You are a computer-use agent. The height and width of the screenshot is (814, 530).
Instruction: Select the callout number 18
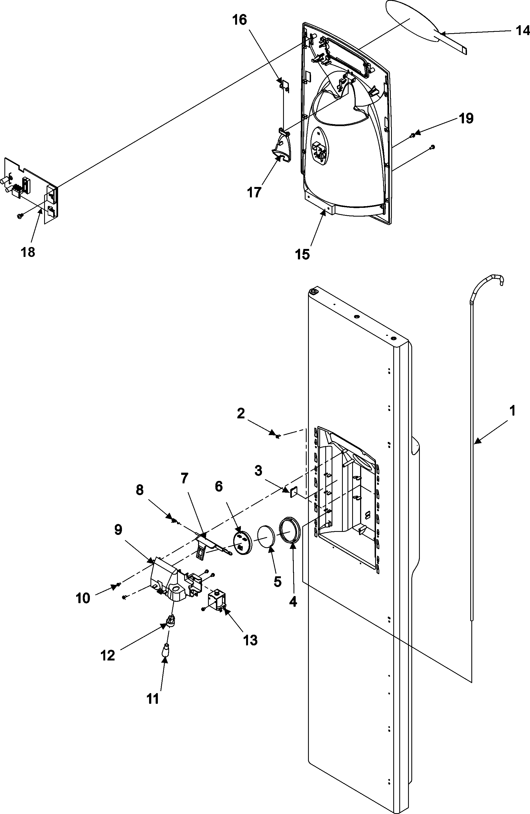28,253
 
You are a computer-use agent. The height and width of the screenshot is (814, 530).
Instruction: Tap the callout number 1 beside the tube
512,410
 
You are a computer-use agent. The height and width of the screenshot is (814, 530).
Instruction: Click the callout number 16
240,20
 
